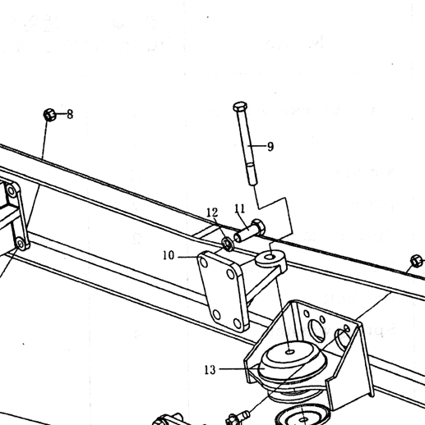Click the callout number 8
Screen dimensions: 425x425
point(70,114)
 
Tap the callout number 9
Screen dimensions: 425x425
point(270,147)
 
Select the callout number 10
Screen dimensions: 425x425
point(169,255)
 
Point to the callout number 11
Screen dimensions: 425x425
point(240,208)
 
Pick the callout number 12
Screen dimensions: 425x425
point(212,212)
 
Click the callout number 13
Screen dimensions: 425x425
point(210,370)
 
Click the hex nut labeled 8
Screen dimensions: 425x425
point(49,115)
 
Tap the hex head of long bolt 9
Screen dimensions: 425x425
point(240,106)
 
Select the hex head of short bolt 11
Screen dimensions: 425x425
point(258,226)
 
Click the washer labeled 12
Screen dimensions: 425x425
point(227,244)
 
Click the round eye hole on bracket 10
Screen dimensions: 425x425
point(270,257)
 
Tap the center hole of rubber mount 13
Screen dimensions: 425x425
point(290,352)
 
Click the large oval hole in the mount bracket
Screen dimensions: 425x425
point(316,330)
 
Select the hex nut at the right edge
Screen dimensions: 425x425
point(417,261)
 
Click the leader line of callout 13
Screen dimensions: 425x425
point(238,369)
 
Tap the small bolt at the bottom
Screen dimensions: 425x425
point(238,417)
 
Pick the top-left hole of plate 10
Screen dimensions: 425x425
point(204,263)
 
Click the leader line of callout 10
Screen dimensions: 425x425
point(188,257)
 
